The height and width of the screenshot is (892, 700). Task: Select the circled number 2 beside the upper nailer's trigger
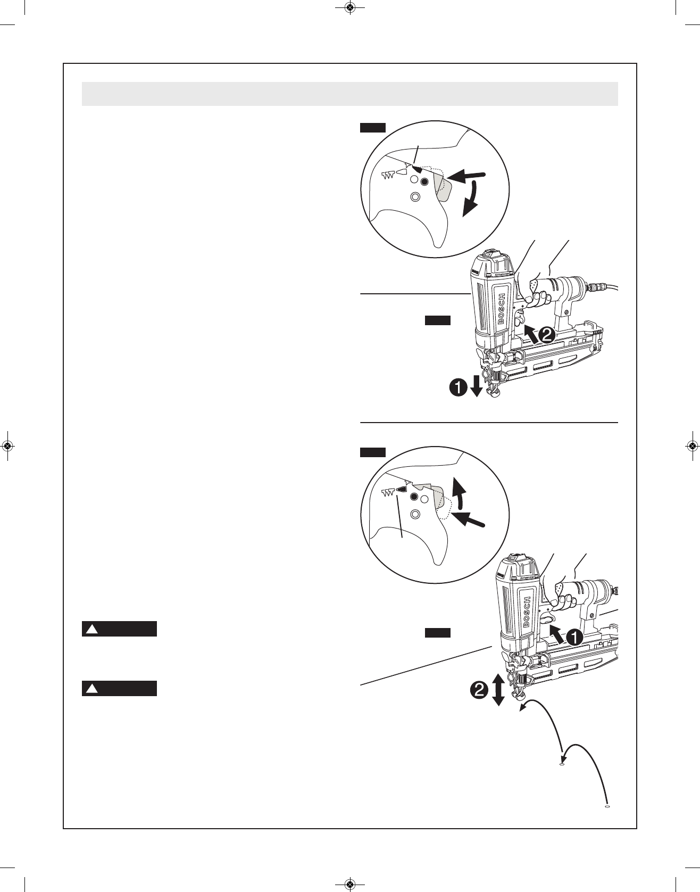(x=546, y=335)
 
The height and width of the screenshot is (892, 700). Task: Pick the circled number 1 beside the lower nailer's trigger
(x=573, y=637)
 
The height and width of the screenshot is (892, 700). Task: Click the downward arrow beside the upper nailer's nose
(x=476, y=387)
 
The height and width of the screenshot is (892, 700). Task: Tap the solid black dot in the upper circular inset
(x=424, y=182)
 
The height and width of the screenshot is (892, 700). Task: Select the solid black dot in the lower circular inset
(x=414, y=497)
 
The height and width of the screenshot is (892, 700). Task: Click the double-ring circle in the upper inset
(x=416, y=197)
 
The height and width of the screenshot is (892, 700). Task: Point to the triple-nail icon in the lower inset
(x=388, y=491)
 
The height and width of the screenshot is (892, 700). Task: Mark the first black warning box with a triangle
(x=119, y=629)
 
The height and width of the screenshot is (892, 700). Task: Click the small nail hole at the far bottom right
(x=607, y=807)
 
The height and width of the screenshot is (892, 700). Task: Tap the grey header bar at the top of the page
(x=349, y=94)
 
